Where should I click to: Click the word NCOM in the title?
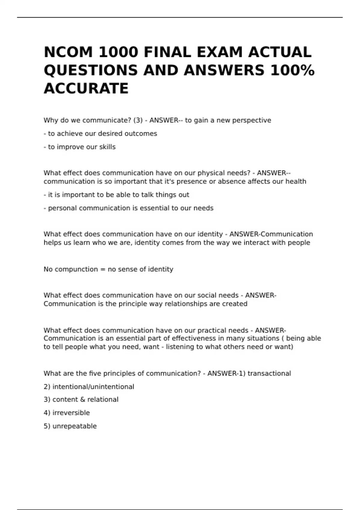(68, 52)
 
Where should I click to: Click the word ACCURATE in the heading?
(86, 88)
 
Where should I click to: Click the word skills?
(107, 147)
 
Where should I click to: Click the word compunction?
(76, 269)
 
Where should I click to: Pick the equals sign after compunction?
(103, 269)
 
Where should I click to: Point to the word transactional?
(269, 373)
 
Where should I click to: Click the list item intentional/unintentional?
(93, 387)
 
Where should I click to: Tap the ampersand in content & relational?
(83, 400)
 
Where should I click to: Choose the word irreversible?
(71, 413)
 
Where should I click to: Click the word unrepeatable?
(74, 426)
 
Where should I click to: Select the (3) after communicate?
(138, 120)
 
